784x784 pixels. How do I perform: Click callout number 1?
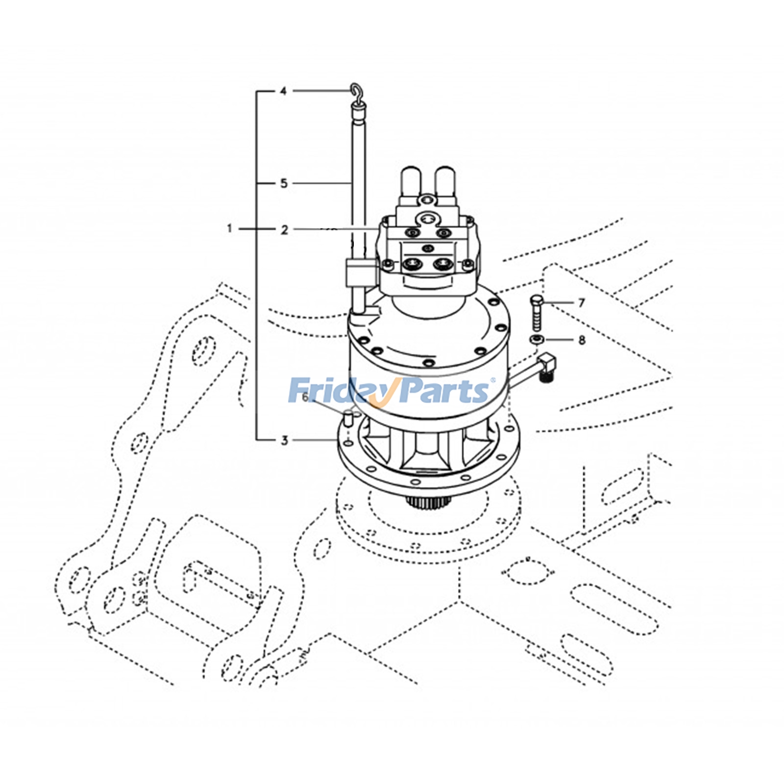pos(229,228)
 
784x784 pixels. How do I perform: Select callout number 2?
pos(284,229)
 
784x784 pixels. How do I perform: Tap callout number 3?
pos(284,440)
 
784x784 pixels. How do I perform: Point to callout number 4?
pos(283,91)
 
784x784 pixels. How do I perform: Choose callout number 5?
pos(284,183)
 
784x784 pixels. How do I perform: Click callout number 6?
pos(305,397)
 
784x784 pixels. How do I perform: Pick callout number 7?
pos(581,303)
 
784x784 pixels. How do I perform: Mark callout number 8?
pos(582,340)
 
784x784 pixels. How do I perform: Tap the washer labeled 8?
pos(537,340)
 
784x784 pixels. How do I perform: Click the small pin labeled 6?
pos(347,419)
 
